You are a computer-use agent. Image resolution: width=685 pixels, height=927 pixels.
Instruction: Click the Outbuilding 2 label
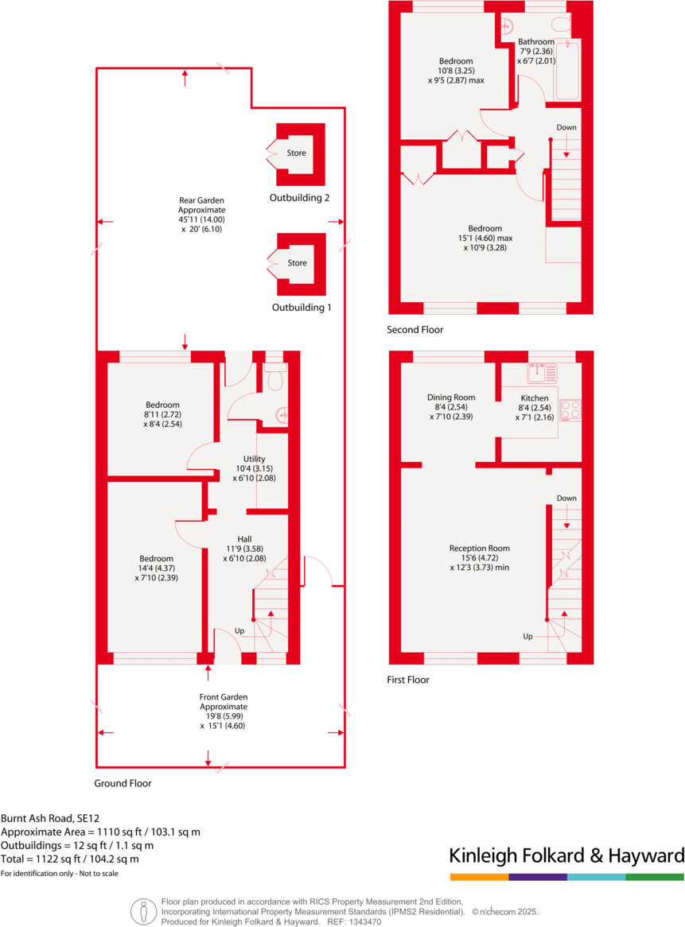click(x=299, y=198)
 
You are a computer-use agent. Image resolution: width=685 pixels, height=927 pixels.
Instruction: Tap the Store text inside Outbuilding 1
click(x=297, y=263)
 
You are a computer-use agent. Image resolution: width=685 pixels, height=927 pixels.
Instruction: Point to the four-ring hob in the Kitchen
click(x=570, y=409)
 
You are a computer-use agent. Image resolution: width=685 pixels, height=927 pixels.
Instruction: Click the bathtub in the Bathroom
click(x=567, y=72)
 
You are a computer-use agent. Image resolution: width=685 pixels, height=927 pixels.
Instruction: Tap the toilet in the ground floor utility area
click(x=274, y=380)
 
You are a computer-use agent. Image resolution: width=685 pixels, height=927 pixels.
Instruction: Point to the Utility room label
click(x=254, y=469)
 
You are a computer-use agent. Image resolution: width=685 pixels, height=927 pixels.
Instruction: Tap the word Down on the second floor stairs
click(x=566, y=127)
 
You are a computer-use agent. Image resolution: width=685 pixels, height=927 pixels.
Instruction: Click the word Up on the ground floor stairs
click(x=239, y=631)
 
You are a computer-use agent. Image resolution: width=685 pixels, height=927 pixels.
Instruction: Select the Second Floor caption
click(x=415, y=330)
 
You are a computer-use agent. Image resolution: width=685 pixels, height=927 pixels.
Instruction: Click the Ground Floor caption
click(x=123, y=783)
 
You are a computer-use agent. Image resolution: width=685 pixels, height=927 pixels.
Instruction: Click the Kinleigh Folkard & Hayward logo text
click(x=566, y=856)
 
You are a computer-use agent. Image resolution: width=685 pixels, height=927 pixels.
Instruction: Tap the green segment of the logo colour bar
click(x=655, y=877)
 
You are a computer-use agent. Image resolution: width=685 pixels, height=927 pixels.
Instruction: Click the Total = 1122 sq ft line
click(x=70, y=859)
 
